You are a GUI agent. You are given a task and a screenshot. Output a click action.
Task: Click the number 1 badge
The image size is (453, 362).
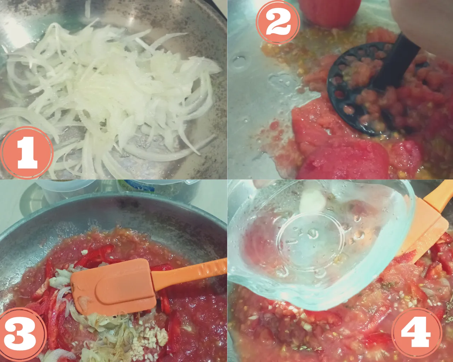[27, 153]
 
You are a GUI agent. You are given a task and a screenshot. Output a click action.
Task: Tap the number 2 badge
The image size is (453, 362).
[278, 22]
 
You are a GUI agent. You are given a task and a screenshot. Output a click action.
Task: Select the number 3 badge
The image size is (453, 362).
[22, 335]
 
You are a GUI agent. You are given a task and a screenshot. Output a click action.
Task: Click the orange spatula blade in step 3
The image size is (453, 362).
[114, 287]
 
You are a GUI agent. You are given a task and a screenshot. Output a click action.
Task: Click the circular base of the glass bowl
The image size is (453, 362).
[310, 242]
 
